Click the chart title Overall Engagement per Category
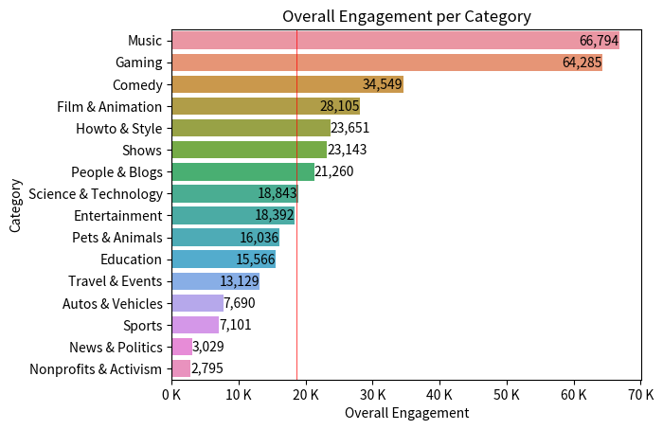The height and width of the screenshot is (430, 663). pyautogui.click(x=406, y=16)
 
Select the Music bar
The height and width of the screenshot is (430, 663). pyautogui.click(x=379, y=41)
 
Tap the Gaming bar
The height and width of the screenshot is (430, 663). pyautogui.click(x=379, y=63)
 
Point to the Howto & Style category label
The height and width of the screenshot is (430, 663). pyautogui.click(x=118, y=128)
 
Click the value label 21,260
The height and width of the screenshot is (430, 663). pyautogui.click(x=334, y=171)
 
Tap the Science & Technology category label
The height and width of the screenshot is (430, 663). pyautogui.click(x=96, y=193)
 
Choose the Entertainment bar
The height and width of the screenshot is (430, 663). pyautogui.click(x=232, y=215)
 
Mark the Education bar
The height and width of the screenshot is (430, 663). pyautogui.click(x=223, y=260)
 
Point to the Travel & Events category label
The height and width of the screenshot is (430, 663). pyautogui.click(x=116, y=281)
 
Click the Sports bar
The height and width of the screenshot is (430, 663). pyautogui.click(x=194, y=325)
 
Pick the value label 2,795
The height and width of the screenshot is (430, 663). pyautogui.click(x=207, y=368)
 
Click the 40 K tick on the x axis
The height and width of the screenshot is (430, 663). pyautogui.click(x=439, y=393)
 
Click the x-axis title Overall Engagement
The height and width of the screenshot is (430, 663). pyautogui.click(x=406, y=413)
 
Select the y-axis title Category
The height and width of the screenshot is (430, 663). pyautogui.click(x=15, y=205)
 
